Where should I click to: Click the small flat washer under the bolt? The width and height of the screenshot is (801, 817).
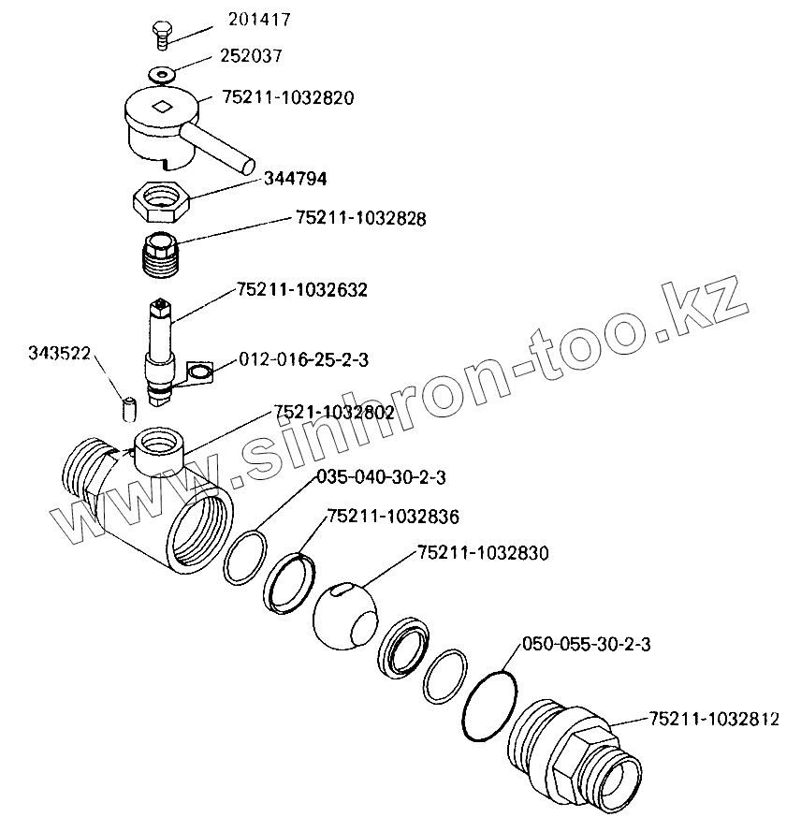pyautogui.click(x=162, y=72)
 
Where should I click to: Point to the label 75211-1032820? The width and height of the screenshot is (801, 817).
pyautogui.click(x=288, y=97)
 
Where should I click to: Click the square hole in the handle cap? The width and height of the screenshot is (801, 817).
pyautogui.click(x=164, y=107)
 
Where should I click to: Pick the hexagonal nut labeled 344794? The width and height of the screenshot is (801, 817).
pyautogui.click(x=163, y=199)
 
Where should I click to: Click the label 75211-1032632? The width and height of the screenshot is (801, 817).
pyautogui.click(x=302, y=290)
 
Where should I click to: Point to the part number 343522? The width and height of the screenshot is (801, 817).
pyautogui.click(x=60, y=353)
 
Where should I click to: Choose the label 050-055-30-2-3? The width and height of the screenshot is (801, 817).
pyautogui.click(x=586, y=645)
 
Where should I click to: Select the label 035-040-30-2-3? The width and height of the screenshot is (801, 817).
pyautogui.click(x=381, y=477)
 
